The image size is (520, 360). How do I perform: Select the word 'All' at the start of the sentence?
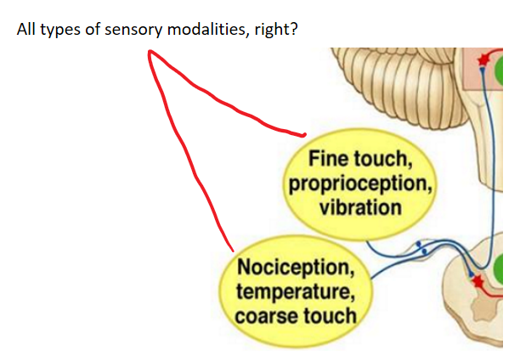(x=26, y=30)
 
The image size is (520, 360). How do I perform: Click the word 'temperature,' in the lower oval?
(x=288, y=294)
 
